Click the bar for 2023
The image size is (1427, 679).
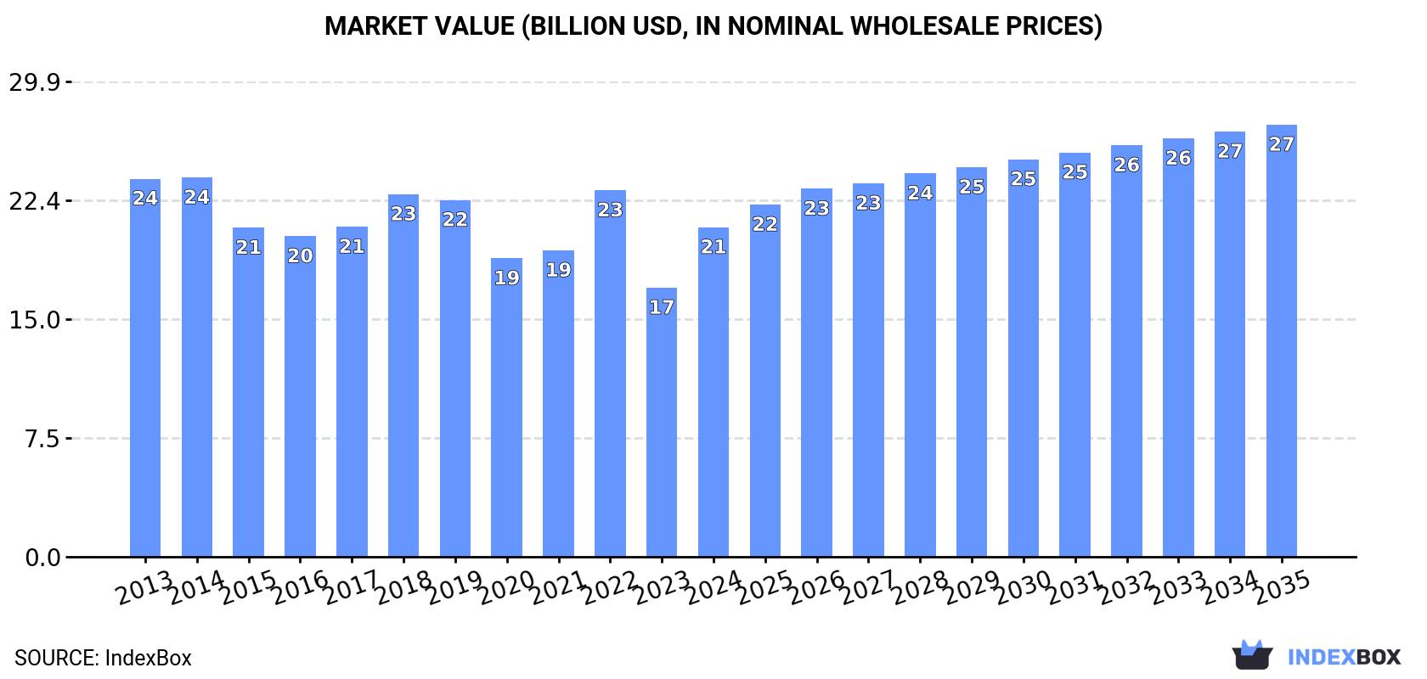point(661,424)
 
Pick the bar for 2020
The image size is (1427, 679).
point(506,407)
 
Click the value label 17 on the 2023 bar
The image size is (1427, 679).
point(661,307)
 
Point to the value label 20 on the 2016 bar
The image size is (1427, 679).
point(300,255)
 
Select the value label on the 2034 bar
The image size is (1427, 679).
point(1229,151)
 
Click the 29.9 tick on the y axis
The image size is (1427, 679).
point(35,82)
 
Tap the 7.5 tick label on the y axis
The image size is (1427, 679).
point(42,439)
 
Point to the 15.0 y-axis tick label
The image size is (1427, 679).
point(35,320)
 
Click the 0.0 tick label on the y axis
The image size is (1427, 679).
point(42,558)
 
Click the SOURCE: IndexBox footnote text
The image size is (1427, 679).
point(103,658)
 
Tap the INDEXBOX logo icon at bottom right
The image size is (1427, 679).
point(1252,655)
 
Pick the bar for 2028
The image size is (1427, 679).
point(920,365)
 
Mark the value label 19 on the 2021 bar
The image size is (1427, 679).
point(558,270)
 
